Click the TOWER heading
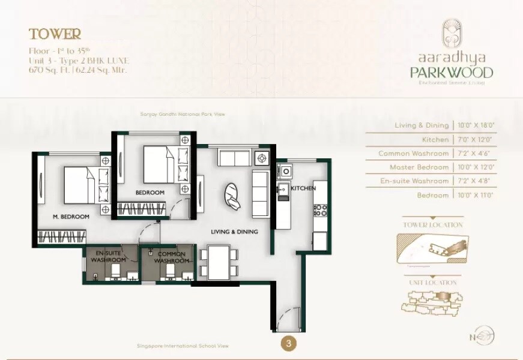pos(55,34)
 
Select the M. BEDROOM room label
pos(71,216)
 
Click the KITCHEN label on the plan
pos(303,188)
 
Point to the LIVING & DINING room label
pos(234,232)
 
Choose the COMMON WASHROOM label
pos(172,257)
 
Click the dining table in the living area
pos(218,262)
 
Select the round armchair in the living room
pos(232,196)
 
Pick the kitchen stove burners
pos(320,210)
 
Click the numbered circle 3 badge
pos(289,344)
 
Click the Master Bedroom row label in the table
pos(419,167)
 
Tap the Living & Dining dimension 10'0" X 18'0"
pos(479,125)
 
